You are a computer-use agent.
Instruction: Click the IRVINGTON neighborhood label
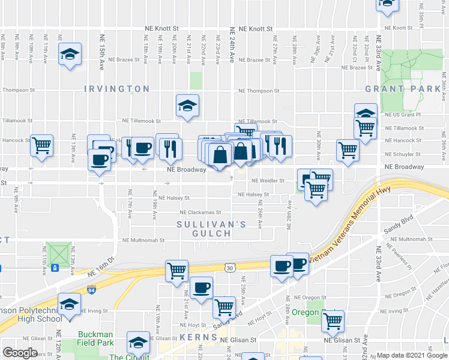[116, 89]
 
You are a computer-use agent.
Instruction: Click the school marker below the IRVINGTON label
[187, 106]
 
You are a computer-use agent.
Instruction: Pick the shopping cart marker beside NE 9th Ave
[41, 145]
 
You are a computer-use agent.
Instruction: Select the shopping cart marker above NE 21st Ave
[177, 271]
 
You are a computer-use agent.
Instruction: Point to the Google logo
[20, 353]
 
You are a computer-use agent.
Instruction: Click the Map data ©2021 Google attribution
[412, 355]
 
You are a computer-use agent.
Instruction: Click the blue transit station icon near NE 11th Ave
[55, 268]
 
